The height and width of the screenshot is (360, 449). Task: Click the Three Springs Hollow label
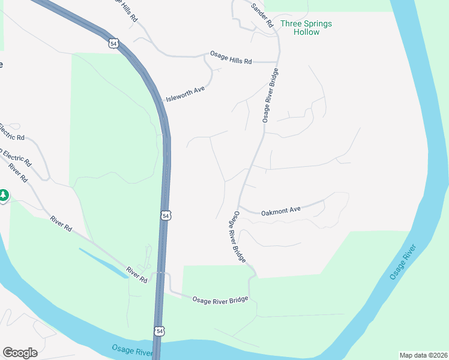tap(306, 28)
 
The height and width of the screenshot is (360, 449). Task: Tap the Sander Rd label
tap(262, 15)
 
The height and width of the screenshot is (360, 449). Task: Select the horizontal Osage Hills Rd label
tap(231, 57)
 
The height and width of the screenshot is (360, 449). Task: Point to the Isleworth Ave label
tap(186, 93)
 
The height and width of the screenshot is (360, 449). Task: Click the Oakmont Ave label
tap(281, 211)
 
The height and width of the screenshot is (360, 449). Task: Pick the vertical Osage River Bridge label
tap(271, 95)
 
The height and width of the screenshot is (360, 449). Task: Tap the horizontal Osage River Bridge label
tap(220, 299)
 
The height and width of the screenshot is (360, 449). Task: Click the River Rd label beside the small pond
tap(136, 274)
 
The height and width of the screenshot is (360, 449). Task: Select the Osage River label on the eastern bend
tap(402, 262)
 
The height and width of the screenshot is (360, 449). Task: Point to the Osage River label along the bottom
tap(132, 350)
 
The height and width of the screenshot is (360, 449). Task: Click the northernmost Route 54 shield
tap(114, 43)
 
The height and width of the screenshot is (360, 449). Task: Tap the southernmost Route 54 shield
tap(159, 331)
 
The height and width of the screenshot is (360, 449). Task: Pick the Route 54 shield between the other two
tap(166, 215)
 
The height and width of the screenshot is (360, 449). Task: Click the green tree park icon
tap(4, 196)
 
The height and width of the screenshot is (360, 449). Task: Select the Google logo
tap(20, 353)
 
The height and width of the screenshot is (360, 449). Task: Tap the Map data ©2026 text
tap(423, 355)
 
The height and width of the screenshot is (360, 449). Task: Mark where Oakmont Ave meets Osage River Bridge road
tap(240, 208)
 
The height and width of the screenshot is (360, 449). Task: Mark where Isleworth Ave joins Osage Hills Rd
tap(206, 58)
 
